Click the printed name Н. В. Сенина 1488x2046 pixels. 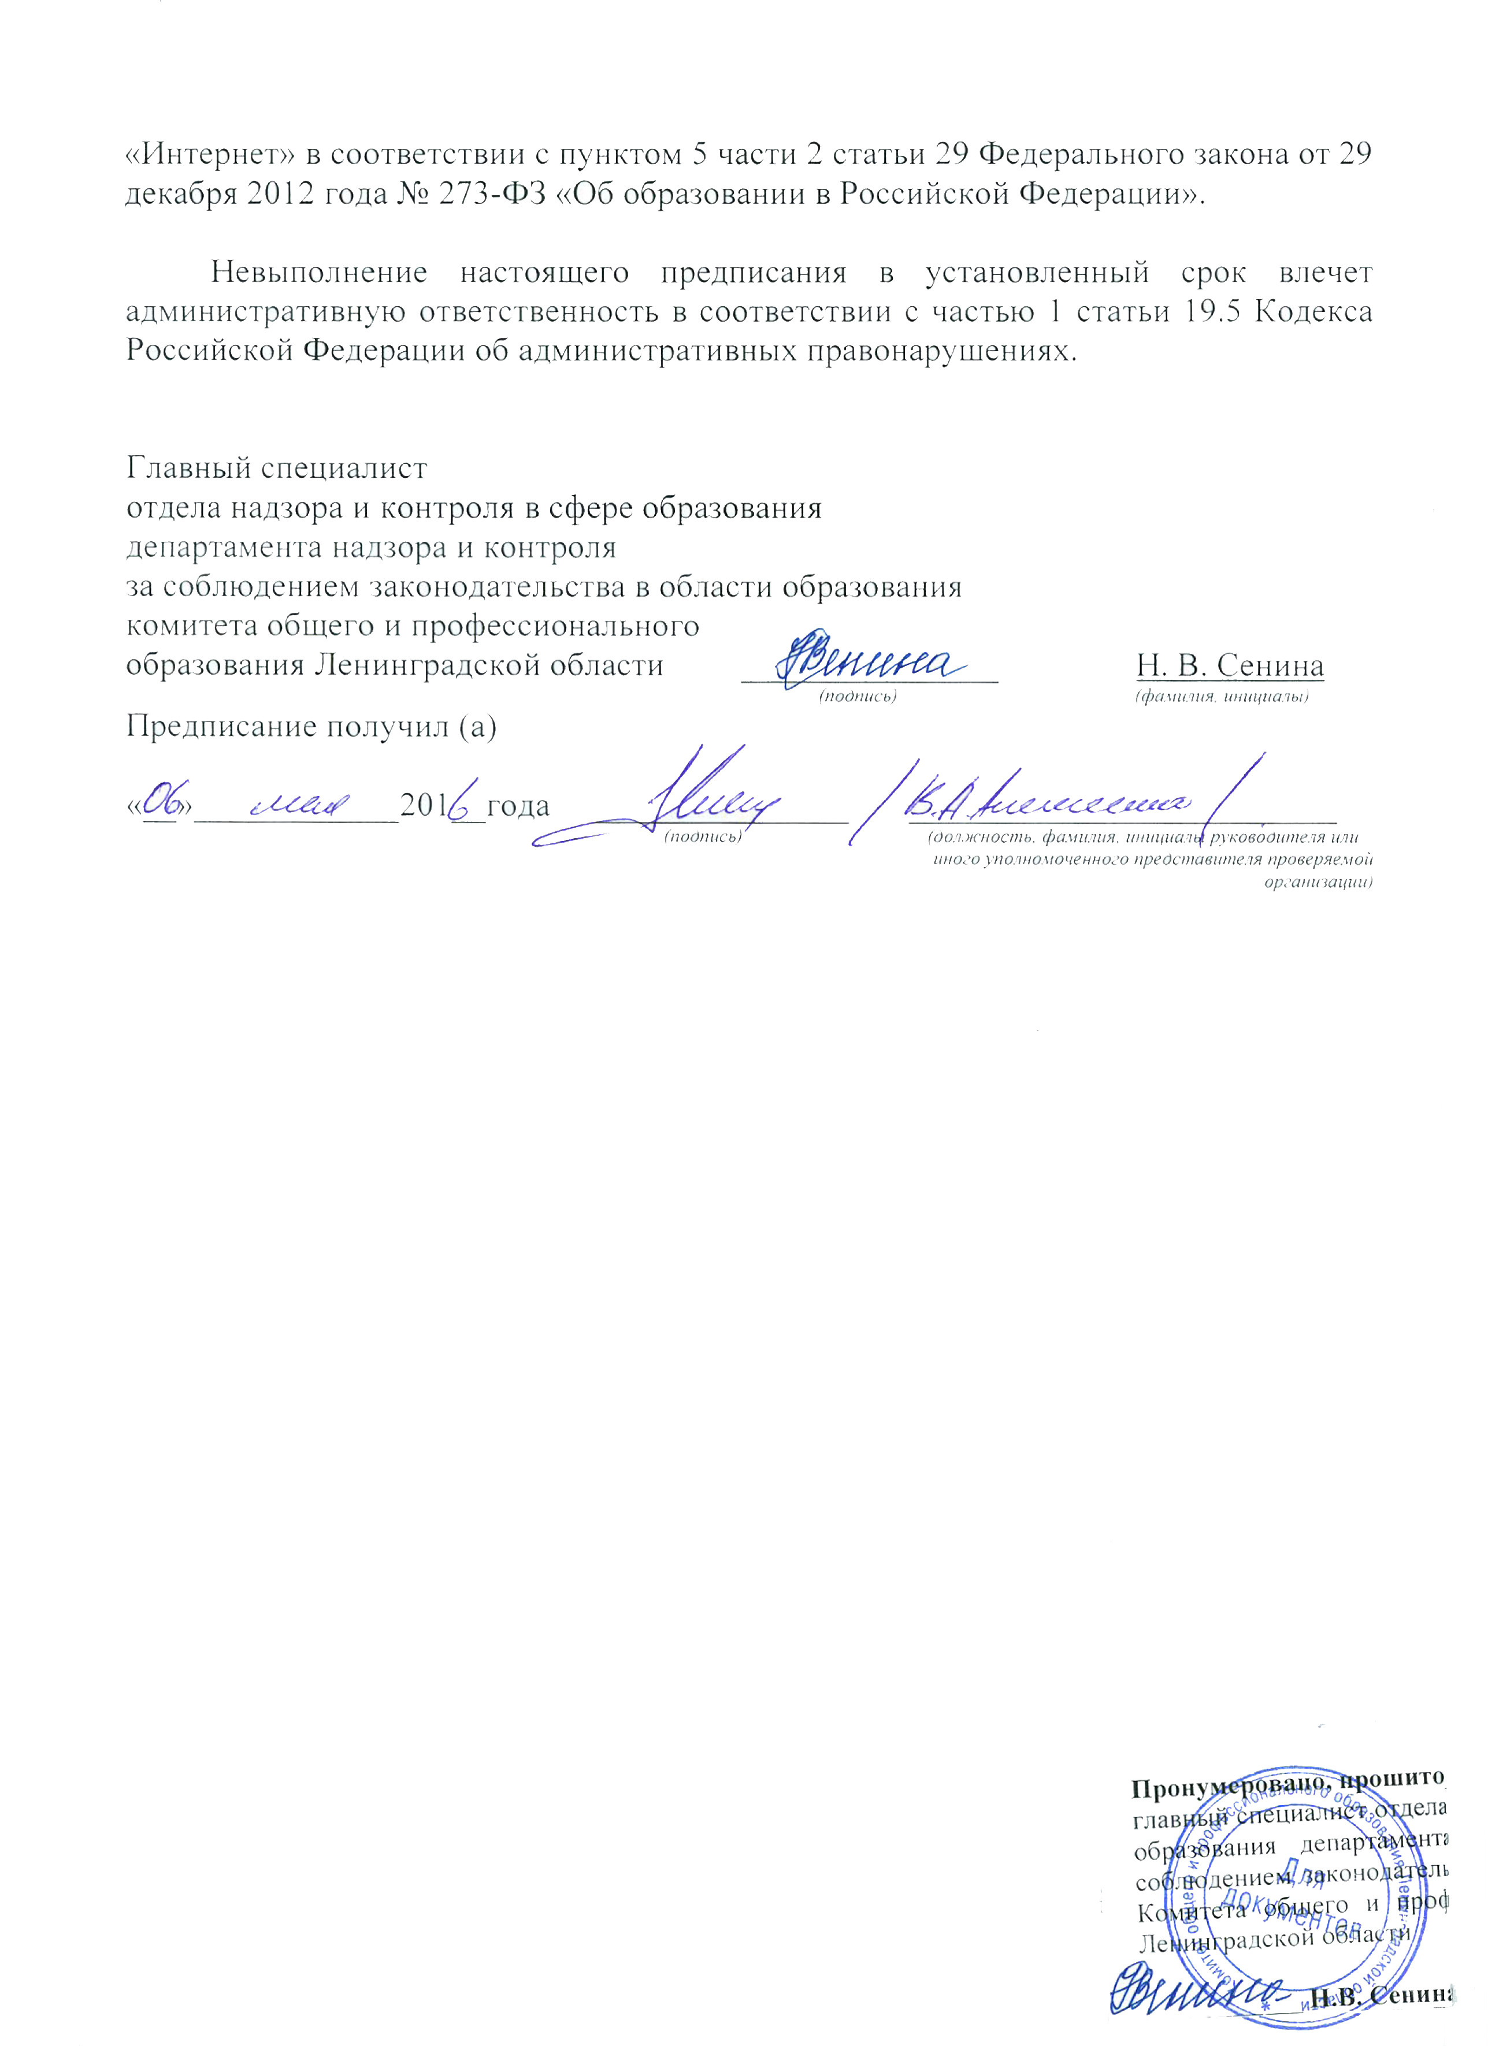1229,666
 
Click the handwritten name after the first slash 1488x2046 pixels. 1047,798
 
